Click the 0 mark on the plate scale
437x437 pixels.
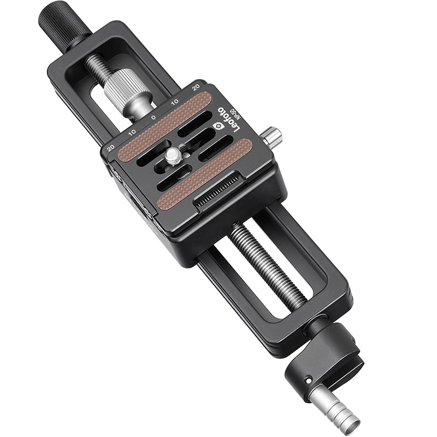[153, 117]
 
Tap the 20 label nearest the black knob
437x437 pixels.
[196, 87]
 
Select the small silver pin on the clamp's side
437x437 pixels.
[271, 136]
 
